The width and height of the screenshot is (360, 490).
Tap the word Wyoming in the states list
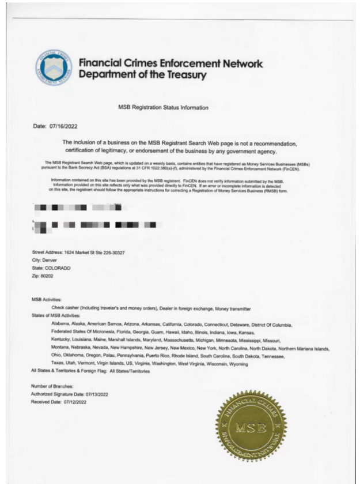coord(237,364)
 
